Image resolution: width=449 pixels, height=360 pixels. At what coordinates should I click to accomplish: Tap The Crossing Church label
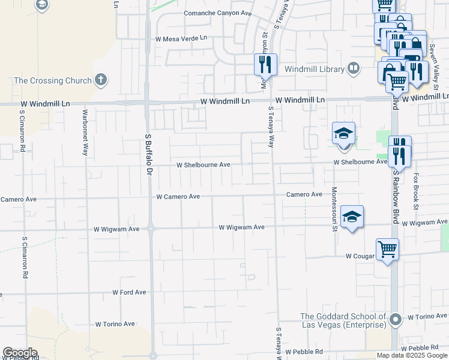click(x=53, y=80)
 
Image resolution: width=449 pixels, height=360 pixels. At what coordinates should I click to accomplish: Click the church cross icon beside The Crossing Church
click(x=101, y=80)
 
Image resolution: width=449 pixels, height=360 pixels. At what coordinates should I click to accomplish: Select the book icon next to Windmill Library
click(x=354, y=69)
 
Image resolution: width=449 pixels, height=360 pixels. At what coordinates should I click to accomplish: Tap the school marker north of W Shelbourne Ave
click(x=344, y=135)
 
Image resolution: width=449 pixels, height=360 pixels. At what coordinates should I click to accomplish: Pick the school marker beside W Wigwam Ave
click(x=352, y=217)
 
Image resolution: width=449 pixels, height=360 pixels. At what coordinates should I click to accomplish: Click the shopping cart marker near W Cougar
click(x=387, y=250)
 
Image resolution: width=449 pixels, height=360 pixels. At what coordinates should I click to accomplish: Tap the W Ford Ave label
click(x=129, y=292)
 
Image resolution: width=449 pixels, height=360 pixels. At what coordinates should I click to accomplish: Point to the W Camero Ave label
click(x=178, y=196)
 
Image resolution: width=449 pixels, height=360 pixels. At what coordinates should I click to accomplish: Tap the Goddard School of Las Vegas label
click(x=343, y=320)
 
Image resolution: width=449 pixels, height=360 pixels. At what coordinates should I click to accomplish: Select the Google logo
click(x=20, y=353)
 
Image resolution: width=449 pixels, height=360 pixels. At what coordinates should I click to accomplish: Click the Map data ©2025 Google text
click(x=412, y=355)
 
